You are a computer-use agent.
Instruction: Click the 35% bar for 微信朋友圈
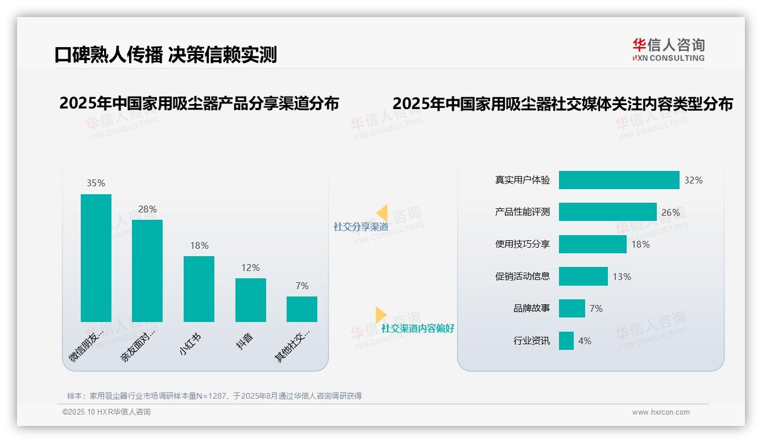96,258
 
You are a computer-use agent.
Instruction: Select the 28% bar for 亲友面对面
147,271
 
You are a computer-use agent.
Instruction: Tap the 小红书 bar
199,289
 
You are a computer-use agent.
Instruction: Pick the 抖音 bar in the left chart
251,300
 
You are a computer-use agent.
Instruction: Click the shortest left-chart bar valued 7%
302,309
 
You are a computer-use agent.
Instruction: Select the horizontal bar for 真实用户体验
619,180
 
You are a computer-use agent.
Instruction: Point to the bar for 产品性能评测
607,212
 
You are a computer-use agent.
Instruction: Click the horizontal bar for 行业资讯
566,341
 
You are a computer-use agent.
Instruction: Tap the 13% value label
622,277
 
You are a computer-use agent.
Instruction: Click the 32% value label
693,180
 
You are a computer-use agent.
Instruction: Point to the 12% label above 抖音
250,268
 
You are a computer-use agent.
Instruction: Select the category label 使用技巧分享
523,244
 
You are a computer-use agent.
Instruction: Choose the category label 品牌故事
532,308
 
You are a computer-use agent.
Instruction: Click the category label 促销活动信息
523,277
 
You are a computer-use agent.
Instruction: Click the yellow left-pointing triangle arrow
382,213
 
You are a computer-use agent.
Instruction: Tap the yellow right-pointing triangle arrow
380,315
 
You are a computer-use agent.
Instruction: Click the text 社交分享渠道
361,227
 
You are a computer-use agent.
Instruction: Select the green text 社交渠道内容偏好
418,328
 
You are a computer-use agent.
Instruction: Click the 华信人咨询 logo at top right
668,49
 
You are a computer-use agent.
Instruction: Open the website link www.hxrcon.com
661,412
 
